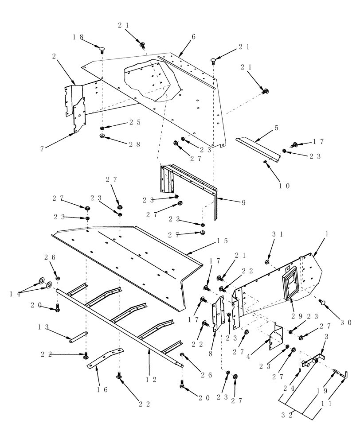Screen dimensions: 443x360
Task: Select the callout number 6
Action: (x=193, y=37)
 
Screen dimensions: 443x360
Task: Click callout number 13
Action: (x=43, y=327)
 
